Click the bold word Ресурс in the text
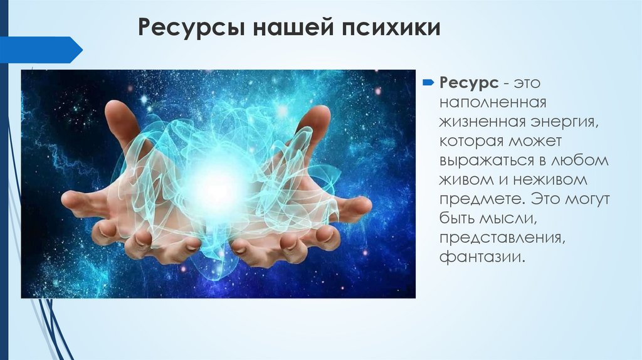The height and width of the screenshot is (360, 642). point(469,83)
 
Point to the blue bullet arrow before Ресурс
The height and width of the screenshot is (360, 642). point(428,83)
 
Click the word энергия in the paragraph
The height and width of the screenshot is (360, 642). point(565,122)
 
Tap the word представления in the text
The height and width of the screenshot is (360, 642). point(502,238)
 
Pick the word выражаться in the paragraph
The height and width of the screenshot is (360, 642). point(487,161)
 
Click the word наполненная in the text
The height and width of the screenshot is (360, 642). point(493,102)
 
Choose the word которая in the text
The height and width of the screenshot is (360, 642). point(471,141)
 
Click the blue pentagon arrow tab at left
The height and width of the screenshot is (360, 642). point(41,50)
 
